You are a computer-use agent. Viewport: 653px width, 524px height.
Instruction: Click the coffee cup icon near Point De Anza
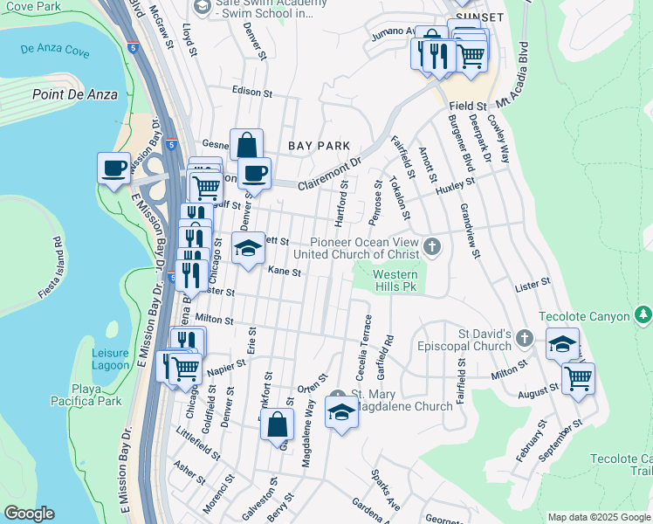pos(113,169)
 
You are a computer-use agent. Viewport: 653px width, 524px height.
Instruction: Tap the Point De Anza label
pos(74,94)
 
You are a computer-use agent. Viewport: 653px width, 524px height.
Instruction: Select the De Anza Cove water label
pos(52,51)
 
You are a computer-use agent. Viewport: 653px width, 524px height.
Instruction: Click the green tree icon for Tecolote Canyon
pos(643,314)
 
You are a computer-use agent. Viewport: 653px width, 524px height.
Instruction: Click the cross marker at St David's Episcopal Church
pos(524,338)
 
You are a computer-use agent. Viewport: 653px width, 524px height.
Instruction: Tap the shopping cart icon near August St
pos(578,380)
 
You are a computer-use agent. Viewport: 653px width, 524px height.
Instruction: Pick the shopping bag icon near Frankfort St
pos(277,426)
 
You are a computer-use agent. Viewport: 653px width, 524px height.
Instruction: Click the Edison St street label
pos(252,91)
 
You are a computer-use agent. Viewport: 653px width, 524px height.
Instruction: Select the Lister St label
pos(533,283)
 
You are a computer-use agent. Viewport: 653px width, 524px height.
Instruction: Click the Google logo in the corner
pos(30,514)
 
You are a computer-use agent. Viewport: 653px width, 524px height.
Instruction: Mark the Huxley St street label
pos(453,186)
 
